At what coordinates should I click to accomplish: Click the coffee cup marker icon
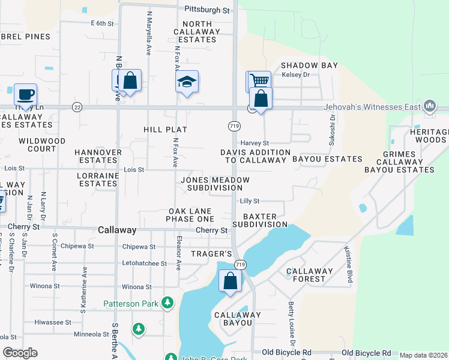25,95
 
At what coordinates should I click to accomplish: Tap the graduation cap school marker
187,82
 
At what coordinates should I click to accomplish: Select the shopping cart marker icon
258,81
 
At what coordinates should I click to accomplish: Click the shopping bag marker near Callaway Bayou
230,281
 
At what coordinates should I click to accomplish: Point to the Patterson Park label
131,304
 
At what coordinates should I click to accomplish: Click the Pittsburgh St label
207,10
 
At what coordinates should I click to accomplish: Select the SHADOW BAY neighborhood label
309,65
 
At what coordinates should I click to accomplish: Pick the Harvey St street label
255,143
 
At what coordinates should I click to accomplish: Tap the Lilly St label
249,202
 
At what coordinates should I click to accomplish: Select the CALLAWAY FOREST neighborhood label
309,275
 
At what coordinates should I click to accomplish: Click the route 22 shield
77,107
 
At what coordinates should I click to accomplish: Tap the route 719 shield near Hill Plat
234,126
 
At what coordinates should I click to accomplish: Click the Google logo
20,353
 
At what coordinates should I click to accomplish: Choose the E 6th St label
102,23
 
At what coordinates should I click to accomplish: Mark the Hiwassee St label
53,322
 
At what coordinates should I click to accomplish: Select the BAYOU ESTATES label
327,160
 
